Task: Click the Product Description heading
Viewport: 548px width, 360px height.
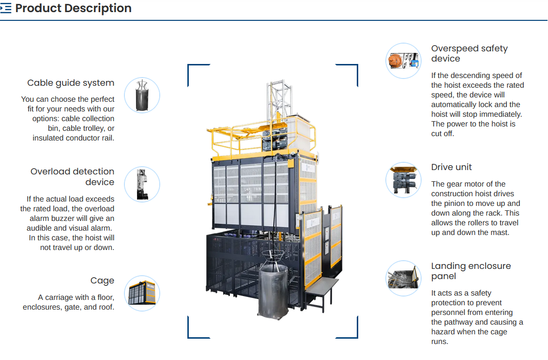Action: click(73, 8)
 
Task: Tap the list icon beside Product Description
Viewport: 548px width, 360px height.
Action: click(6, 8)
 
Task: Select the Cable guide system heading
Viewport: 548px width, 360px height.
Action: click(71, 83)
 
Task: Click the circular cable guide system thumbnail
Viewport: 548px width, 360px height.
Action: click(142, 95)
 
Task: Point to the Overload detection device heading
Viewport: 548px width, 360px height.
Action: click(72, 176)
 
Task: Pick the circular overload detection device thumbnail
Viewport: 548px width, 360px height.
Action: click(142, 184)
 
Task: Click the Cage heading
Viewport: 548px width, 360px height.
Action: click(102, 281)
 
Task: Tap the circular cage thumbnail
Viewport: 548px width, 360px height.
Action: click(142, 293)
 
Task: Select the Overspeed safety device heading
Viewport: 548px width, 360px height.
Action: click(469, 53)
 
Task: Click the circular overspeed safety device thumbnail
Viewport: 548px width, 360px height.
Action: click(403, 61)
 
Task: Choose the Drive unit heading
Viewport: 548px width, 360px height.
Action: click(451, 167)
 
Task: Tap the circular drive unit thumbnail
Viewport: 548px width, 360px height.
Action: click(403, 180)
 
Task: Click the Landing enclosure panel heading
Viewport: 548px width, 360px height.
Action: click(471, 271)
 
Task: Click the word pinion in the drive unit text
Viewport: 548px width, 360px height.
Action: click(455, 203)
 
